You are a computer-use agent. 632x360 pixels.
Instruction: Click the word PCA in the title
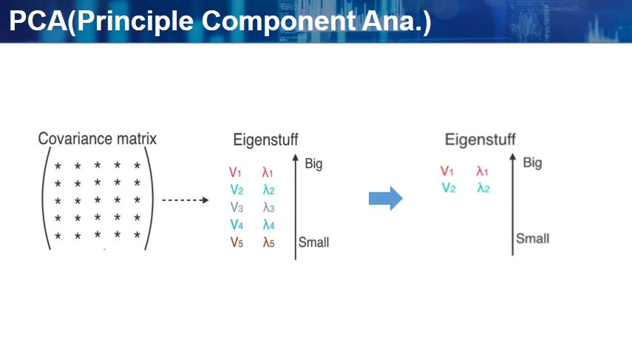(38, 21)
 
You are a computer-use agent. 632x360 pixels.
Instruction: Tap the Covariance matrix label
(98, 139)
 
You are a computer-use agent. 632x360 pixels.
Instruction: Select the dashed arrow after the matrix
(185, 200)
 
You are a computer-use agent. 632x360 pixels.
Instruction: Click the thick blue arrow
(385, 197)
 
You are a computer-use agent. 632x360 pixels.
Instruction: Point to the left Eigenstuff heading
(265, 140)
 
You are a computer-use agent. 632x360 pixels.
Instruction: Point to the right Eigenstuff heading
(480, 140)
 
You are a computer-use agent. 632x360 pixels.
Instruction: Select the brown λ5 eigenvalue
(268, 242)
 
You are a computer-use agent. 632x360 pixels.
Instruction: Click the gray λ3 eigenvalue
(268, 208)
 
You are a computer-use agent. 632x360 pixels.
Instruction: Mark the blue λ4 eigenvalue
(268, 225)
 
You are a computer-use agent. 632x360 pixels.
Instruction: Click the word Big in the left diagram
(313, 163)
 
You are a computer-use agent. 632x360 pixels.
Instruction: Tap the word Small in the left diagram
(313, 242)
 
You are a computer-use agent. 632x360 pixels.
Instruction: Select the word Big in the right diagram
(532, 163)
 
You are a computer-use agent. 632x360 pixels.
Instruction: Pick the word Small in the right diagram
(532, 238)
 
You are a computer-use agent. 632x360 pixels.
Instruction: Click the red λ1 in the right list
(483, 171)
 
